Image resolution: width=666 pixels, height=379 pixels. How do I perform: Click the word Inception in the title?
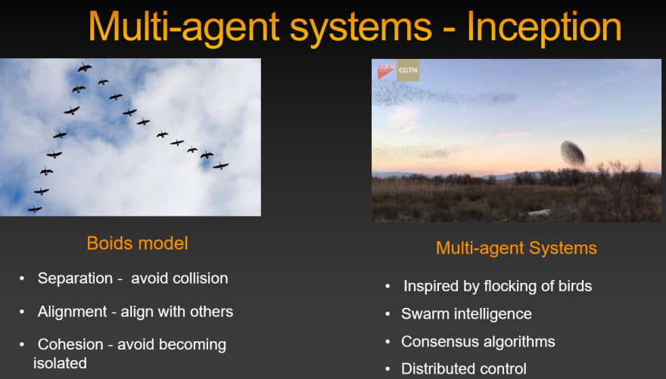544,27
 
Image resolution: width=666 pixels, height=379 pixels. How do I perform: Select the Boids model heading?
137,244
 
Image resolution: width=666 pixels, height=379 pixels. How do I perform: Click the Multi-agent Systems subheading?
516,248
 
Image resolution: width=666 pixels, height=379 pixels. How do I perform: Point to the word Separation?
75,278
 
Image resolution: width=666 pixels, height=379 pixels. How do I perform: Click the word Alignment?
72,312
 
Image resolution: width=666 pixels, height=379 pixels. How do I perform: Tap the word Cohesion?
70,344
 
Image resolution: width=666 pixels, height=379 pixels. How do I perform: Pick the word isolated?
60,363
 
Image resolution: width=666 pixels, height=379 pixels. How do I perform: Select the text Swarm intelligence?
466,314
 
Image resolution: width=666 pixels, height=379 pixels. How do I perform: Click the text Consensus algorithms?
478,342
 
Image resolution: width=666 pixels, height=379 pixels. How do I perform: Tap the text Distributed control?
464,369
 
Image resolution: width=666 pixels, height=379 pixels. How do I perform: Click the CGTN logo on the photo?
408,70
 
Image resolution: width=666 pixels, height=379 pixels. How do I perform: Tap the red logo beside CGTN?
386,70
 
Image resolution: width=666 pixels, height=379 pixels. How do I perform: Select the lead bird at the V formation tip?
85,67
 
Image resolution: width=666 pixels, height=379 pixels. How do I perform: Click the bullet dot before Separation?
22,279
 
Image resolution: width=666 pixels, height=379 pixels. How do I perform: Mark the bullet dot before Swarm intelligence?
387,315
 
